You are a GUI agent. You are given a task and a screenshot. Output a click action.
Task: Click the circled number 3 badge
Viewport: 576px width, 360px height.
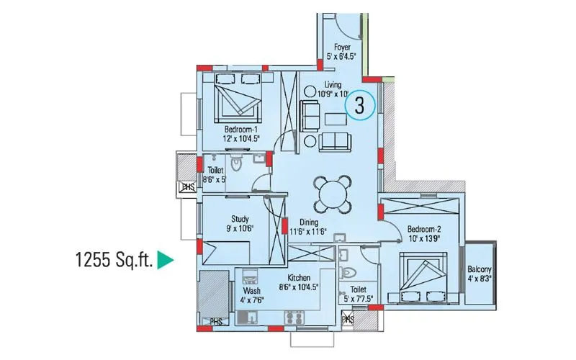pos(359,105)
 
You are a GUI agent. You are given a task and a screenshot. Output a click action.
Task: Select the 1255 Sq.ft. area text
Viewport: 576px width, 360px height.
pos(114,259)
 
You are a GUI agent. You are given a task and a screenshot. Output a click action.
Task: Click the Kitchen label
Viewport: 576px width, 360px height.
pos(298,277)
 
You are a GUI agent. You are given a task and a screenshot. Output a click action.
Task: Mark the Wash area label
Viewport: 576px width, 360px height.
pos(251,292)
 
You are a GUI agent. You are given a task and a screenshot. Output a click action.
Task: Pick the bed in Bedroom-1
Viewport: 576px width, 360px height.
pos(238,101)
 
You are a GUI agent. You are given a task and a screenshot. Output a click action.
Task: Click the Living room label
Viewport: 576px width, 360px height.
pos(333,84)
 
